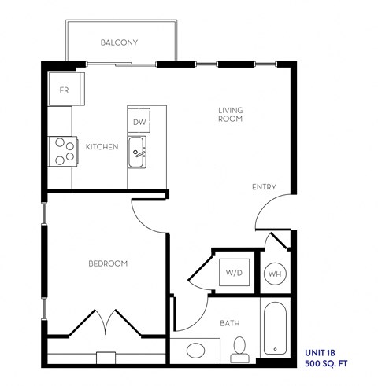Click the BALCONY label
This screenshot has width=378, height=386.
[x=120, y=42]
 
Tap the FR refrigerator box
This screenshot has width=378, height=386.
[x=65, y=90]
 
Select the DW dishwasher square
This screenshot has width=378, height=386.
[x=139, y=121]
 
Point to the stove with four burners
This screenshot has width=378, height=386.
[x=62, y=150]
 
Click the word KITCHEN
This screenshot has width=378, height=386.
[x=102, y=146]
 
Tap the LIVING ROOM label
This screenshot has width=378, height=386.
[x=230, y=116]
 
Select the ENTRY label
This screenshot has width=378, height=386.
[x=263, y=187]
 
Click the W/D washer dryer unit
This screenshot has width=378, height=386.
[x=234, y=274]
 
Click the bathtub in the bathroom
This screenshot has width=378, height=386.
[x=275, y=328]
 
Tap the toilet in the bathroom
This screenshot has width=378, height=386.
[x=239, y=351]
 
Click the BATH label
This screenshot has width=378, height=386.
[x=230, y=322]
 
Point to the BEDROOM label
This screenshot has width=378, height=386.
[x=108, y=263]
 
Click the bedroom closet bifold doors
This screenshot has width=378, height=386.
[x=108, y=322]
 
